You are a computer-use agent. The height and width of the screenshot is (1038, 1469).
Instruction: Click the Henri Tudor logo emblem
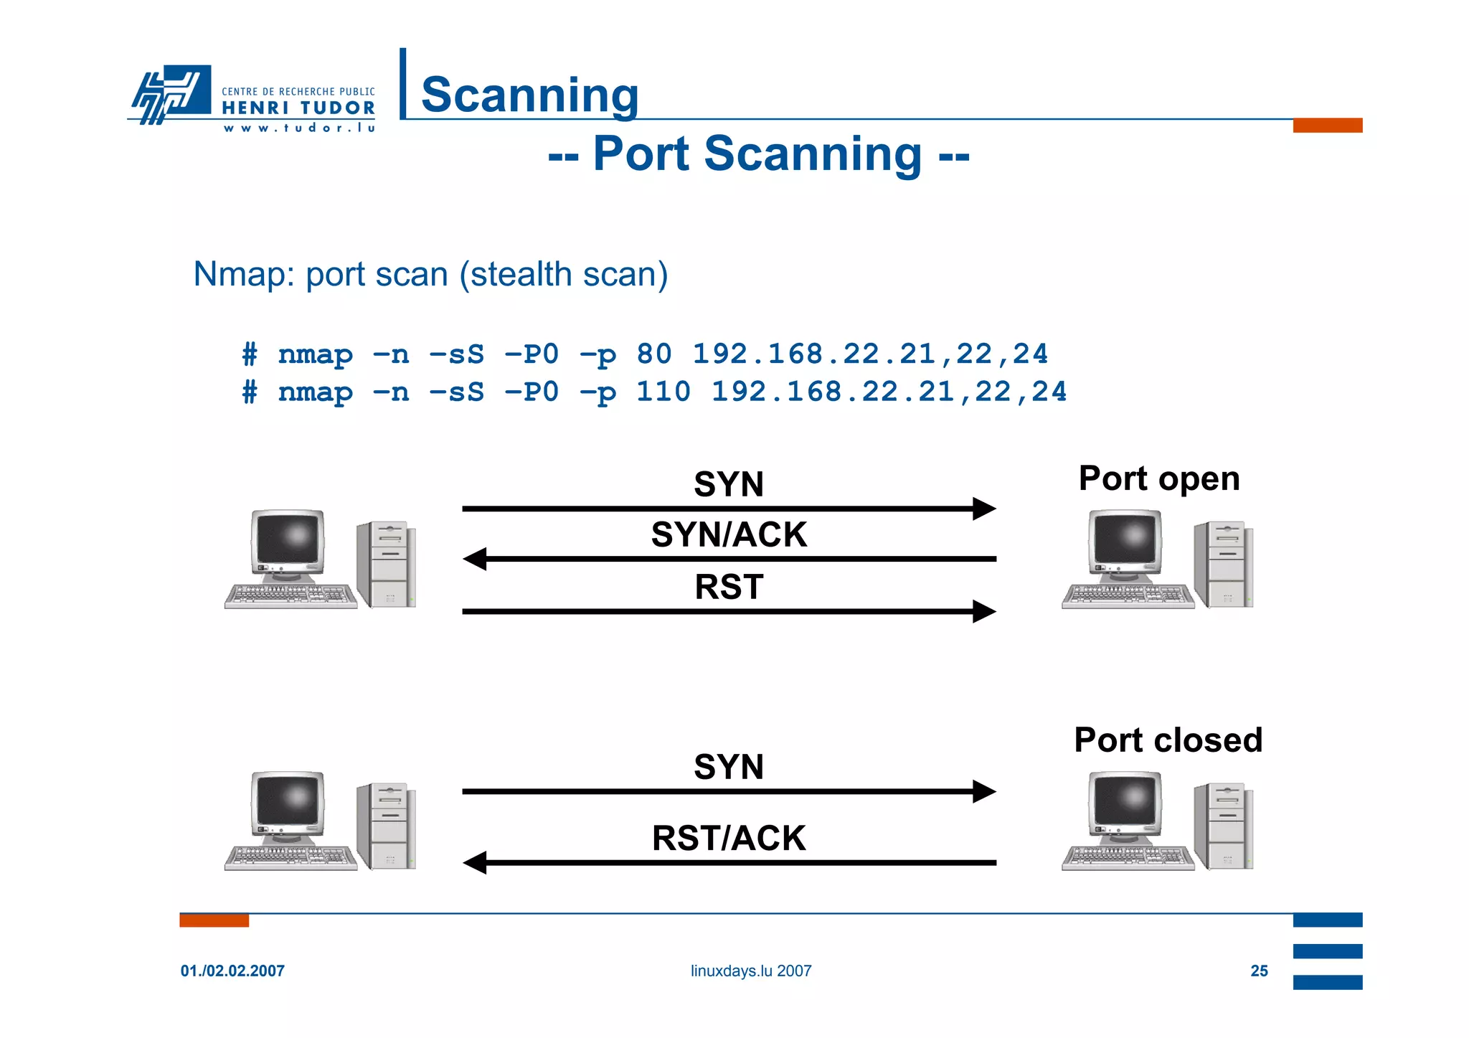171,94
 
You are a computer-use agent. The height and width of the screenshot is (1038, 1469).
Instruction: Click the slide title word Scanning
529,95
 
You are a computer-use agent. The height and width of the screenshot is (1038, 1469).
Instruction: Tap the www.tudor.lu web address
299,128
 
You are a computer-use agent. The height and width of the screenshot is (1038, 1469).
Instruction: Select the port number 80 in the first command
653,354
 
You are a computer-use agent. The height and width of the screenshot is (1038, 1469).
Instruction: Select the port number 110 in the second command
663,392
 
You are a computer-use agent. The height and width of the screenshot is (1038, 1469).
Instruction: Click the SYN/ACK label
729,534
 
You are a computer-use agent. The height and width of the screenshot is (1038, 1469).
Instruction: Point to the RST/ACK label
729,838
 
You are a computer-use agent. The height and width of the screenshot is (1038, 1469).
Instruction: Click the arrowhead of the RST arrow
983,612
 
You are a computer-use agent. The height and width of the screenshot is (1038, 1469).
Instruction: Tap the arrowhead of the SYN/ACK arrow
475,559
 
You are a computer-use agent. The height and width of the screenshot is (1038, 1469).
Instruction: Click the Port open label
1159,478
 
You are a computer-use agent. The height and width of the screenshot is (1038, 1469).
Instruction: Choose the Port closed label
1168,740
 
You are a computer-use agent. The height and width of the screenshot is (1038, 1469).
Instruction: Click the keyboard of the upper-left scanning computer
291,595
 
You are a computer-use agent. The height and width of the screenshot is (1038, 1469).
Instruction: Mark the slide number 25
1259,971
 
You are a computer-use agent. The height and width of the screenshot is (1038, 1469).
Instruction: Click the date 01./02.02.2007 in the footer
232,971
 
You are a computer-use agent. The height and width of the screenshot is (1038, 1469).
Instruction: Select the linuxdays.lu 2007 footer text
750,971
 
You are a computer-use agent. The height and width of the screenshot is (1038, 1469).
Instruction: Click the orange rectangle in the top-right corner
1327,126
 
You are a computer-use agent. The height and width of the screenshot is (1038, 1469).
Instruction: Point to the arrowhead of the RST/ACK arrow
475,862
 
